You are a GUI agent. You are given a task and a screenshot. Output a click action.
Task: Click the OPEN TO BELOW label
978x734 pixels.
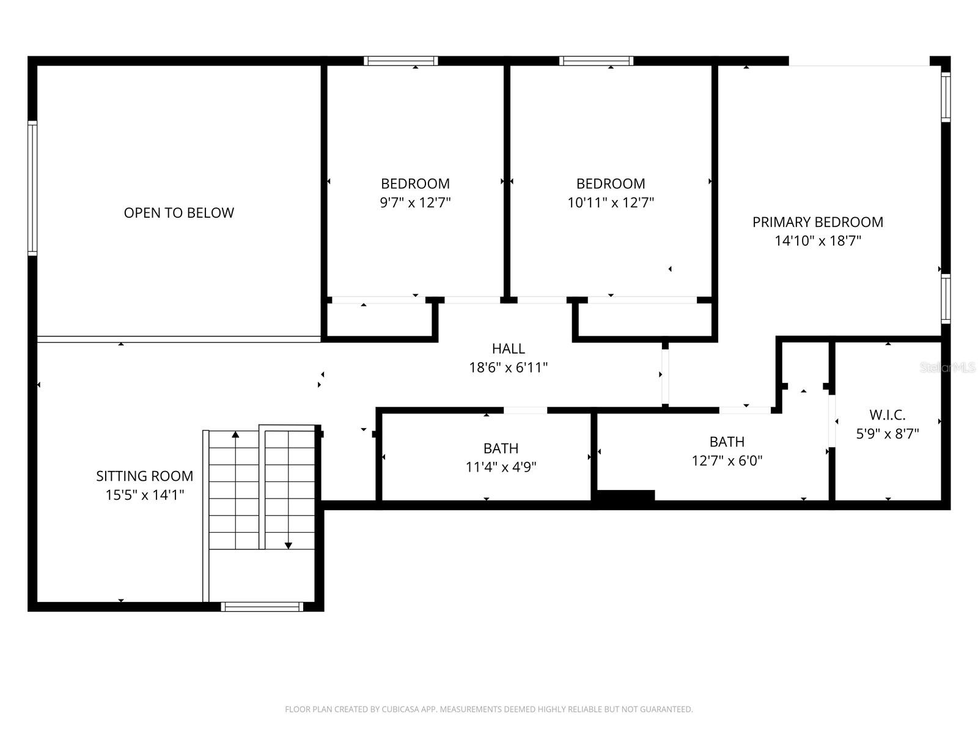point(178,213)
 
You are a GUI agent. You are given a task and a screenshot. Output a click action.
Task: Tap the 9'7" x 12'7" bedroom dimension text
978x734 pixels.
point(415,203)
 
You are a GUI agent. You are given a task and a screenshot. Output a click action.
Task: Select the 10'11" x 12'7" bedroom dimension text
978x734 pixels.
point(611,203)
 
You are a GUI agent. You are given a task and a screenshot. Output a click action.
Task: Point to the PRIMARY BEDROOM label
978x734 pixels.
point(818,222)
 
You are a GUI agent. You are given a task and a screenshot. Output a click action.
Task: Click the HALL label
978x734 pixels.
point(509,349)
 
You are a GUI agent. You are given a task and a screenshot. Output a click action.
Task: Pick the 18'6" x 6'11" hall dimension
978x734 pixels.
point(509,368)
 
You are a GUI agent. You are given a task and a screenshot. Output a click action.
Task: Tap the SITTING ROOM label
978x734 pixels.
point(145,476)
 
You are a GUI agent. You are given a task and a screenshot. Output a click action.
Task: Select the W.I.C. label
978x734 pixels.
point(888,415)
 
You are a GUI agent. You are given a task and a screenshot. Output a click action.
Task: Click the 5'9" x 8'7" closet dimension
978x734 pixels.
point(888,434)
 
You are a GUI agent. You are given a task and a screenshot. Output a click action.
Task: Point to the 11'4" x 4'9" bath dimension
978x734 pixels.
point(501,467)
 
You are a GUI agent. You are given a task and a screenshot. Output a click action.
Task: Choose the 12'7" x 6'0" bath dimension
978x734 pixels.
point(727,461)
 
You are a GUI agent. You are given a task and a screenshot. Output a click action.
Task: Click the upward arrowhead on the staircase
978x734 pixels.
point(235,434)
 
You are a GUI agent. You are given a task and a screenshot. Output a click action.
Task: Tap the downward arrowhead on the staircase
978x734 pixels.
point(289,546)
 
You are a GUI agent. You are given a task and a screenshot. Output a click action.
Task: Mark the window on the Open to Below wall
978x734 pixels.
point(32,188)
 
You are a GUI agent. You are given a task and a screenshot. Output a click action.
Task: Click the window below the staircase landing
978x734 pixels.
point(262,607)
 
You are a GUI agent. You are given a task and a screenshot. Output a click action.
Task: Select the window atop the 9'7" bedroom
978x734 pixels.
point(400,61)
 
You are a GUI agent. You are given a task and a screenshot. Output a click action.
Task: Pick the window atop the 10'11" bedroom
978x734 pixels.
point(596,61)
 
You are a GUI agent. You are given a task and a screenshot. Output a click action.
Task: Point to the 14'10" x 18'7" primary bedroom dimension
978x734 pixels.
point(818,241)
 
